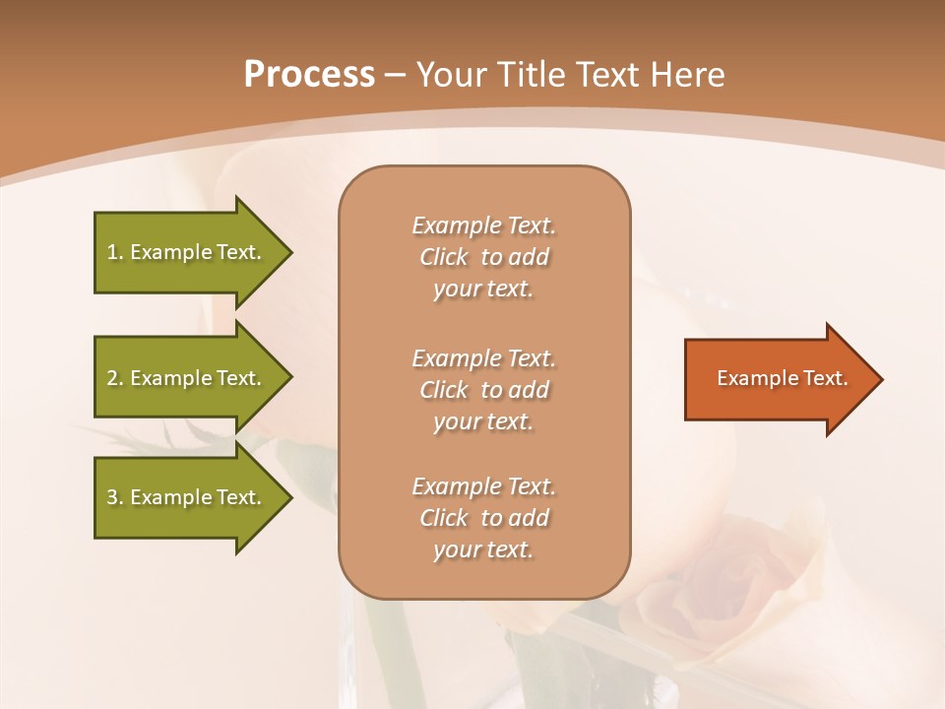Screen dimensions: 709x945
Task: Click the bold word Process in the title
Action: [309, 75]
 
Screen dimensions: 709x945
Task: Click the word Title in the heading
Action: [532, 75]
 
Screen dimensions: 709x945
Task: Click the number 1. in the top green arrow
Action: [114, 252]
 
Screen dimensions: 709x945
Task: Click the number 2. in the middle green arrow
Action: [114, 378]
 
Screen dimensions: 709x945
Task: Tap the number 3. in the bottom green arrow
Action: [114, 497]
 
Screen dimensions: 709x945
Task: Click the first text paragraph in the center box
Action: [483, 257]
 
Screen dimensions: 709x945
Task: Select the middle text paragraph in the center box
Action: [483, 390]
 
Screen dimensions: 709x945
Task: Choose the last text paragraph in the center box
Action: [483, 518]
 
